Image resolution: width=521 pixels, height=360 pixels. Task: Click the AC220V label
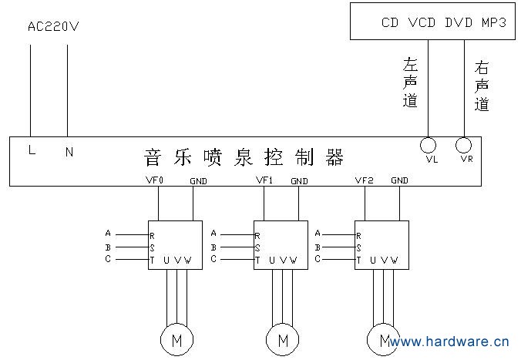[54, 27]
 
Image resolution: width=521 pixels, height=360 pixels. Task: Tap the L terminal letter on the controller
[32, 151]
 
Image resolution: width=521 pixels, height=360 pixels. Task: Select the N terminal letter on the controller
[69, 152]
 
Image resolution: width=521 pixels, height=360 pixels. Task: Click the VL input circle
[428, 145]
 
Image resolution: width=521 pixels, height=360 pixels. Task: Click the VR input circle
[464, 145]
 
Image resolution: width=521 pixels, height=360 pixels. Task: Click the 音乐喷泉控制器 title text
[244, 157]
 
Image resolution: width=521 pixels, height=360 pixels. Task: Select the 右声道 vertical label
[482, 86]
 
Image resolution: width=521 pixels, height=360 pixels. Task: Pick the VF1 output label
[264, 180]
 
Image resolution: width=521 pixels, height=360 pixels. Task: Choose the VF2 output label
[364, 180]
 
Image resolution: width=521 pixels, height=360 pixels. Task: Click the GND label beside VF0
[198, 181]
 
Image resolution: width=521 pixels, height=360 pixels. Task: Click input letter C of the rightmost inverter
[317, 260]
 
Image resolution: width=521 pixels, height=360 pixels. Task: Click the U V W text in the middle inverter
[282, 260]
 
